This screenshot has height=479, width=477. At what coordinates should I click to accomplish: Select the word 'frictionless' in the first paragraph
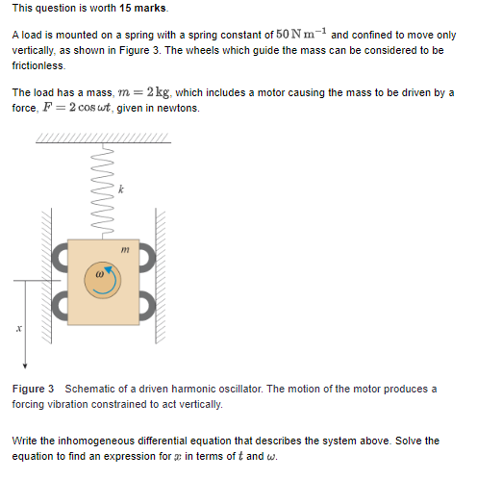38,65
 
